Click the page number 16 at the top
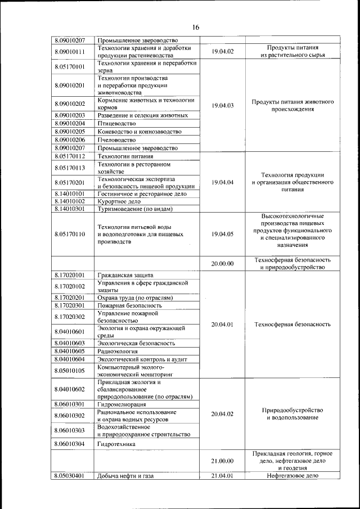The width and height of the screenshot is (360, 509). coord(196,27)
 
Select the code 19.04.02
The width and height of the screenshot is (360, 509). coord(223,52)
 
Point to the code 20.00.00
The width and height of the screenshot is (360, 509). coord(223,263)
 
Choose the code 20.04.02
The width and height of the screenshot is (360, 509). coord(223,413)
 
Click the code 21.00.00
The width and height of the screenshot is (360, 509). coord(223,461)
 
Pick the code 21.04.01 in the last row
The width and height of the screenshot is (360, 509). coord(223,476)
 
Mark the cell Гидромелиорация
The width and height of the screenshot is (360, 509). coord(122,404)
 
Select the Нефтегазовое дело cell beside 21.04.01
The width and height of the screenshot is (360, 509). coord(292,476)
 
